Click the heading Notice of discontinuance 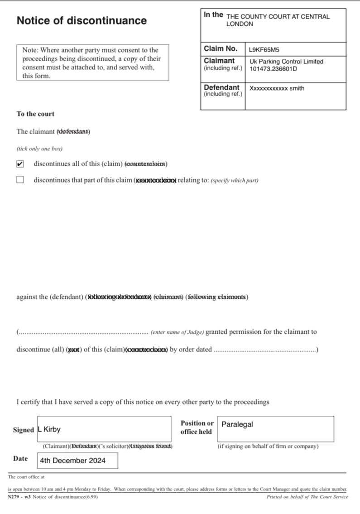point(82,20)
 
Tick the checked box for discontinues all point(20,164)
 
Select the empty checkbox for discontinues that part point(20,180)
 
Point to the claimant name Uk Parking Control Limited point(286,62)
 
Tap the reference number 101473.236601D point(274,69)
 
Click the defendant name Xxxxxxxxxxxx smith point(277,88)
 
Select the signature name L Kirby point(50,429)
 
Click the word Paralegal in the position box point(237,424)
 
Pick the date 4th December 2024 point(72,461)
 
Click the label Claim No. point(221,48)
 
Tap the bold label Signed point(24,430)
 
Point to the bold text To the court point(35,114)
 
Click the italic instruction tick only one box point(39,149)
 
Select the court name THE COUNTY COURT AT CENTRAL point(278,17)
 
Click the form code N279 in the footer point(15,497)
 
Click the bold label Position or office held point(197,428)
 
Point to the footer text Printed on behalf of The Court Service point(307,497)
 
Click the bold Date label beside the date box point(20,459)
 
